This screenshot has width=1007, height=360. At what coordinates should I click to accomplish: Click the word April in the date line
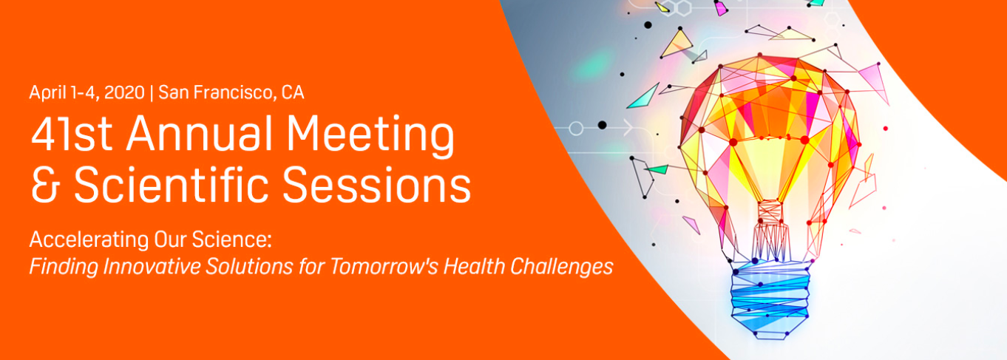pyautogui.click(x=47, y=92)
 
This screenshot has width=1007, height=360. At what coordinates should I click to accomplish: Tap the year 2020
pyautogui.click(x=124, y=92)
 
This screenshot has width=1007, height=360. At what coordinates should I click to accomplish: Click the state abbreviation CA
pyautogui.click(x=293, y=92)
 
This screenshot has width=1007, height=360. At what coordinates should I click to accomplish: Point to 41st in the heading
pyautogui.click(x=72, y=134)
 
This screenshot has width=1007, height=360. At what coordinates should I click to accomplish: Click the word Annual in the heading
pyautogui.click(x=200, y=134)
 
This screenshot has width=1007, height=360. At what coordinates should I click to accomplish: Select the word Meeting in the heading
pyautogui.click(x=370, y=136)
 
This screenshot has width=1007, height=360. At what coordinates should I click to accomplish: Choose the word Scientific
pyautogui.click(x=172, y=183)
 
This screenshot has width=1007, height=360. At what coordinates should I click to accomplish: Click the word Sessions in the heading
pyautogui.click(x=377, y=184)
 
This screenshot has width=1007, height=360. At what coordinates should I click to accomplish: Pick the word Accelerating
pyautogui.click(x=89, y=240)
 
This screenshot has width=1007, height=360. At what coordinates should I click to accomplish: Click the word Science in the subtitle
pyautogui.click(x=232, y=239)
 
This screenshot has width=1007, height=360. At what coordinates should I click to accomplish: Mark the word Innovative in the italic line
pyautogui.click(x=152, y=266)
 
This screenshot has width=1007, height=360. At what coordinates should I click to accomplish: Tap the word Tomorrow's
pyautogui.click(x=384, y=266)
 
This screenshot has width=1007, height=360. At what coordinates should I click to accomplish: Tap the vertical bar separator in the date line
pyautogui.click(x=152, y=92)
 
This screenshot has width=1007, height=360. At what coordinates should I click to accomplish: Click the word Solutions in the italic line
pyautogui.click(x=249, y=266)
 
